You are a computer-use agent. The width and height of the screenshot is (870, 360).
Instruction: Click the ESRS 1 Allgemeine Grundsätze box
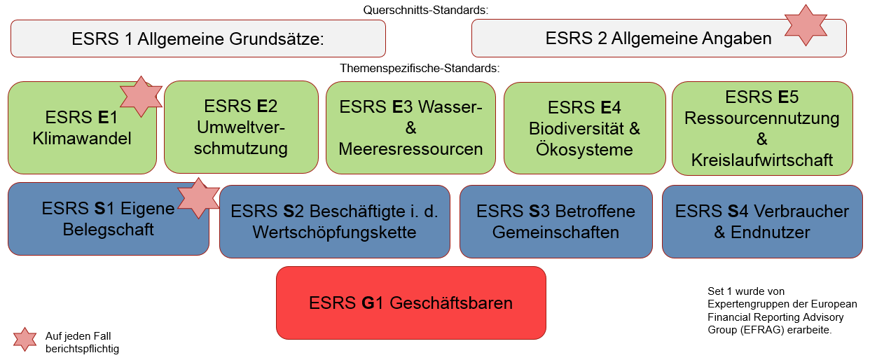(198, 39)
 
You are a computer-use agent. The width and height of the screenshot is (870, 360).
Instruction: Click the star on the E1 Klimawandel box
(141, 97)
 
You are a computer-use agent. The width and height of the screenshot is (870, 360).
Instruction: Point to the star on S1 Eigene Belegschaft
(198, 198)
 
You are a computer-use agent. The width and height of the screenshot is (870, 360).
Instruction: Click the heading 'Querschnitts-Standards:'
(425, 10)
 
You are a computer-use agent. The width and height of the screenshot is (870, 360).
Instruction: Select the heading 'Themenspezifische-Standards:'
(419, 69)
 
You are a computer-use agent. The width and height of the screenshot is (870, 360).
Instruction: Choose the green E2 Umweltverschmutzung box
(241, 127)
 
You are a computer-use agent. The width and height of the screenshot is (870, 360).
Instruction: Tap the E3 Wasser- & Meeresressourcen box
(410, 127)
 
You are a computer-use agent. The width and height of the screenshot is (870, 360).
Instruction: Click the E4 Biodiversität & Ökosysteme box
(584, 128)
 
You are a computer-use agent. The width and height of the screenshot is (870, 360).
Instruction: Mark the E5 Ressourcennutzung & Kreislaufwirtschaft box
(762, 128)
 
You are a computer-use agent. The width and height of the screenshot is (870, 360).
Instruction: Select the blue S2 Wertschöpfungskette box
(334, 221)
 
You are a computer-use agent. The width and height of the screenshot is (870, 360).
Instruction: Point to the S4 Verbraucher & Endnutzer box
(761, 221)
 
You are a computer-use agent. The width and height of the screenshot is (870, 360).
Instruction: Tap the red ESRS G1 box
(410, 303)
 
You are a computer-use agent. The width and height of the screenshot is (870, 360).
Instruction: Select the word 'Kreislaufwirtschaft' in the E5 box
(762, 160)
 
